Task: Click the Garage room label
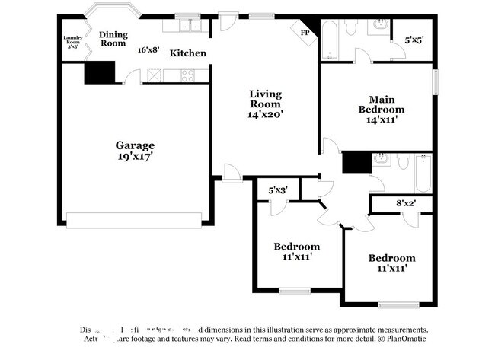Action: pos(135,145)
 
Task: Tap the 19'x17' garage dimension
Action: pos(135,158)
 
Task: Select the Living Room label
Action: pos(265,100)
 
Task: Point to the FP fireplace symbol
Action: pos(305,33)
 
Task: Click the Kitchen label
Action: pos(187,53)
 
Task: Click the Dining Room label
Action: pos(113,38)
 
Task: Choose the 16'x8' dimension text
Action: pos(148,50)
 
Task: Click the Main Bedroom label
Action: pos(380,104)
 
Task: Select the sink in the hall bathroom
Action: pos(382,160)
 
